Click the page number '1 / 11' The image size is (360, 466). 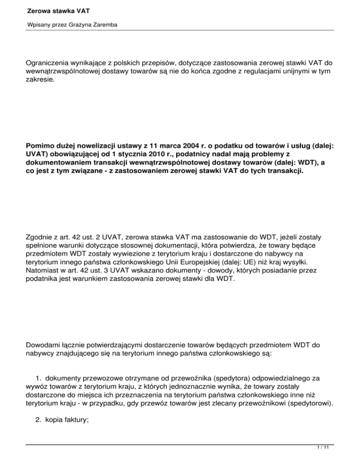tap(341, 460)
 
